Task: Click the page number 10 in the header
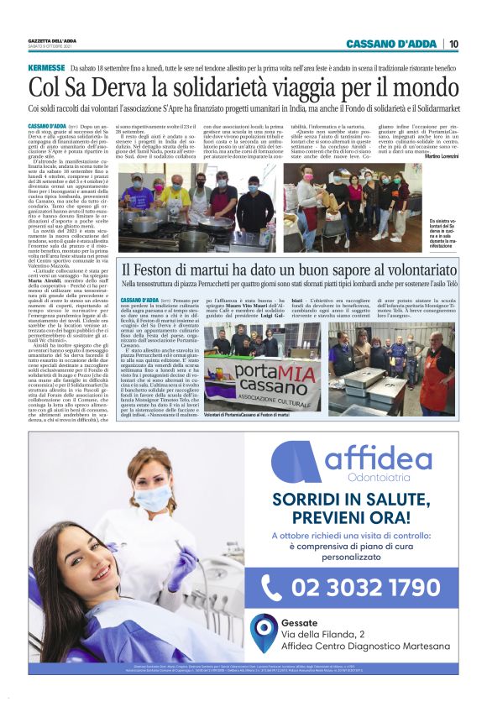pyautogui.click(x=453, y=44)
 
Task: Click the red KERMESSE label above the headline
pyautogui.click(x=47, y=67)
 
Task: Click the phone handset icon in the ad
pyautogui.click(x=271, y=586)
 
